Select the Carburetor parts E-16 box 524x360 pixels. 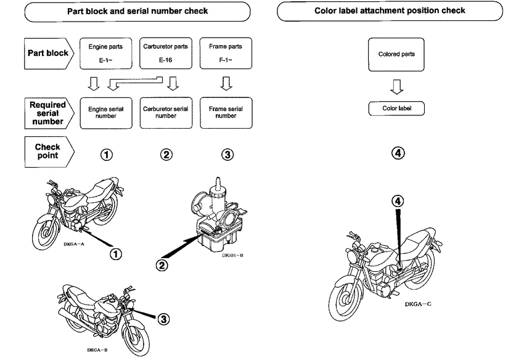[166, 54]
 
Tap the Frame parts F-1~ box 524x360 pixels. [226, 54]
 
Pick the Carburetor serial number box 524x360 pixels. [166, 112]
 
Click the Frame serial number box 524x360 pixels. [226, 112]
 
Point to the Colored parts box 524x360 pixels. [396, 54]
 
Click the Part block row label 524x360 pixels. [48, 53]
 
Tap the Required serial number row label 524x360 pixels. [48, 113]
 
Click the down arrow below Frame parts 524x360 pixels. [226, 83]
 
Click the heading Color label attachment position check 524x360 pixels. [399, 10]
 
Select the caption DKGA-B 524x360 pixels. [98, 350]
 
